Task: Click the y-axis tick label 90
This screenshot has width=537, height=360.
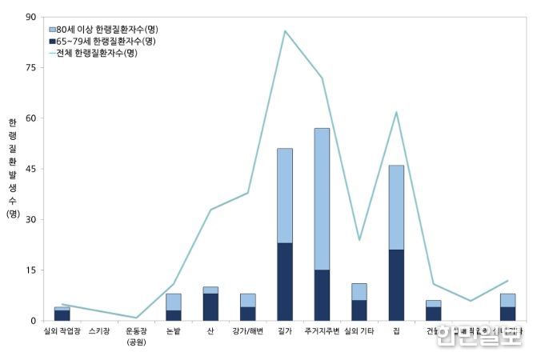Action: [x=30, y=17]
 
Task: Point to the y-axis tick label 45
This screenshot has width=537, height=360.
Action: [x=30, y=169]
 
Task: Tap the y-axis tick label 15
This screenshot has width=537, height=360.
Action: [x=30, y=270]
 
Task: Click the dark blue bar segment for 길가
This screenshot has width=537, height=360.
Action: [x=285, y=282]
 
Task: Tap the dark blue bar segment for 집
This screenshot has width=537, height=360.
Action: [x=396, y=285]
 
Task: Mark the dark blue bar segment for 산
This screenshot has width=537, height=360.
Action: [x=210, y=307]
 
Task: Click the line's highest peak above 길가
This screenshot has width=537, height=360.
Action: [x=285, y=30]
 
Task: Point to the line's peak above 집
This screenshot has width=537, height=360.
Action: [x=396, y=112]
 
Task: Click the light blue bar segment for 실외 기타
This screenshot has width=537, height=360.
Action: [x=359, y=292]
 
